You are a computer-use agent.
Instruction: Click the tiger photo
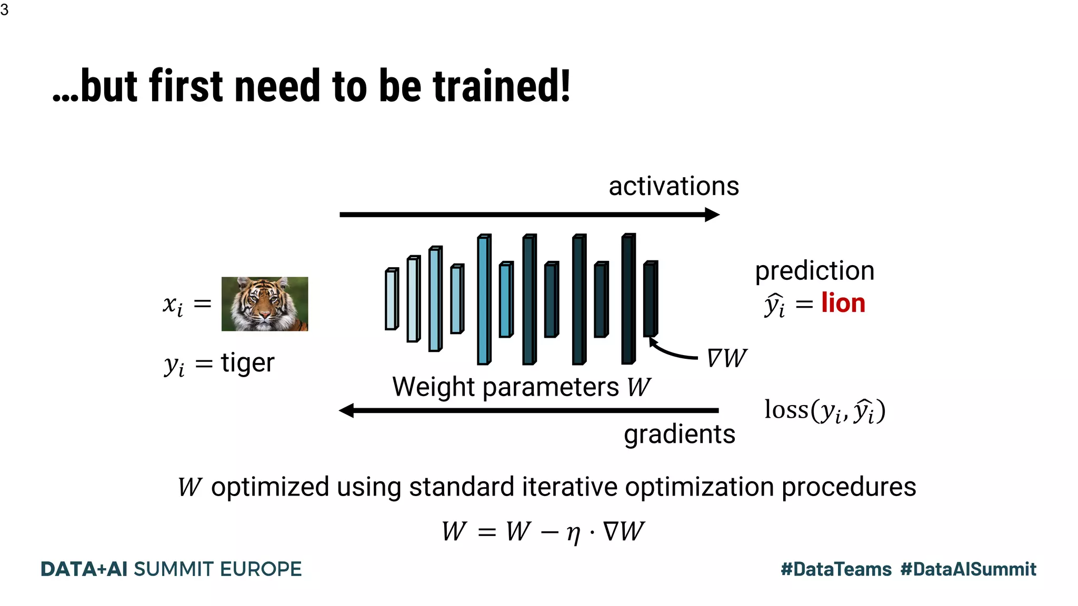pyautogui.click(x=264, y=304)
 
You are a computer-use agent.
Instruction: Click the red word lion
pyautogui.click(x=843, y=304)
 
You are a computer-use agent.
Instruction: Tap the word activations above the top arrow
pyautogui.click(x=673, y=186)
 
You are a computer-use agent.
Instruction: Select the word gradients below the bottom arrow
pyautogui.click(x=679, y=435)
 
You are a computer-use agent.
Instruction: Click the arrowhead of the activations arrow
pyautogui.click(x=712, y=215)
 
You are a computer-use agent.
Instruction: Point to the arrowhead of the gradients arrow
pyautogui.click(x=347, y=410)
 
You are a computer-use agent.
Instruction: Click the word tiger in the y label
pyautogui.click(x=247, y=362)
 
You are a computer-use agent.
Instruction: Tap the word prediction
pyautogui.click(x=814, y=271)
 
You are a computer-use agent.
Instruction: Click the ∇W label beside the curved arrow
pyautogui.click(x=726, y=359)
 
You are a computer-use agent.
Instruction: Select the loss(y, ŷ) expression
pyautogui.click(x=824, y=411)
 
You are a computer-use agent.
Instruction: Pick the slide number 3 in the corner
pyautogui.click(x=5, y=9)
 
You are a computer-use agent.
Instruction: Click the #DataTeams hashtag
pyautogui.click(x=836, y=569)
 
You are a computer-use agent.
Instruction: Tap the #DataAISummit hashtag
pyautogui.click(x=968, y=569)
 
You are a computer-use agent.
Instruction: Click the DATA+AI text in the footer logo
pyautogui.click(x=84, y=569)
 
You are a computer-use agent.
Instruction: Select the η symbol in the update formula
pyautogui.click(x=573, y=533)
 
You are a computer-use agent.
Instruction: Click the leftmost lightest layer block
pyautogui.click(x=391, y=299)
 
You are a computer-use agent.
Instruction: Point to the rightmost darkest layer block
pyautogui.click(x=651, y=299)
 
